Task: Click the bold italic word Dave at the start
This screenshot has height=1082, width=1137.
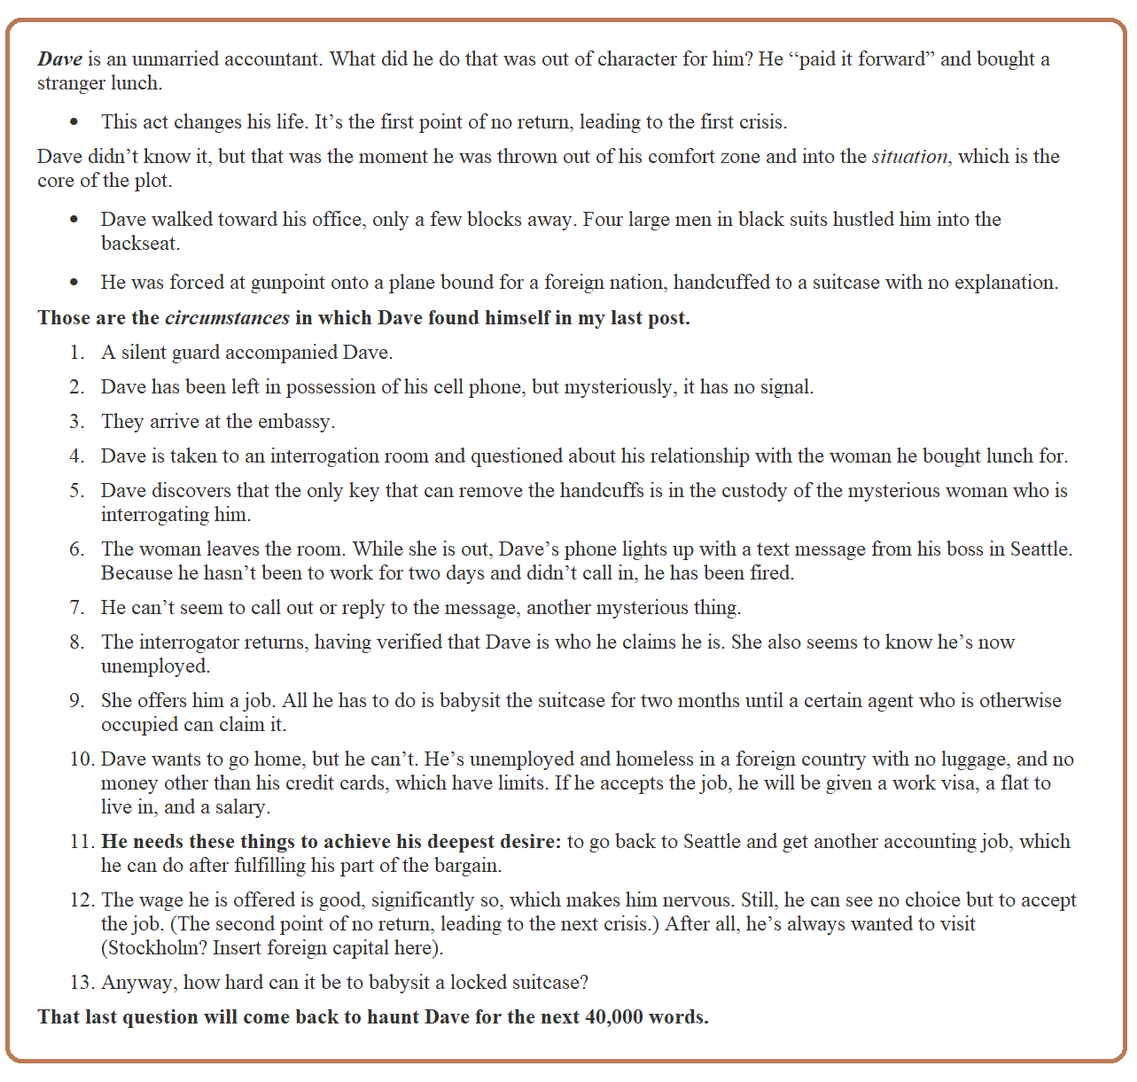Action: (x=59, y=59)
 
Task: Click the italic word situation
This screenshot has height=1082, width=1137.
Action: (x=909, y=157)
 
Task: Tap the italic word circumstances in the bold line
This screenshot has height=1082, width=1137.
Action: (x=227, y=318)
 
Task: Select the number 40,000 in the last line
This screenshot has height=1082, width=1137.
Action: (x=614, y=1017)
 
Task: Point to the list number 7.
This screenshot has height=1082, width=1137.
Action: (x=76, y=608)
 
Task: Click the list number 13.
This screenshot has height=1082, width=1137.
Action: (x=82, y=983)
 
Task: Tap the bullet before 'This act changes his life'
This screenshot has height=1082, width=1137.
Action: (x=74, y=122)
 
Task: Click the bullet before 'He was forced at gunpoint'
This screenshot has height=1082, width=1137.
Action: (x=74, y=283)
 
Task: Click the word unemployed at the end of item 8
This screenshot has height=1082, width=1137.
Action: (x=154, y=666)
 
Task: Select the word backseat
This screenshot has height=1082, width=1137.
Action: (x=140, y=244)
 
